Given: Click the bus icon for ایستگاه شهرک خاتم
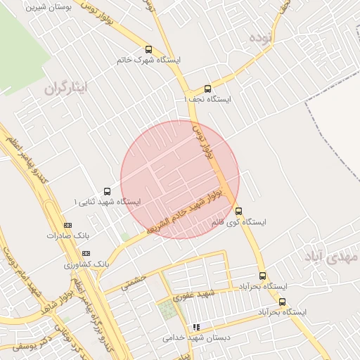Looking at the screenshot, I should [148, 49].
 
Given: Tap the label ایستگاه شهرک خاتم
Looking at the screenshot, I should [149, 60].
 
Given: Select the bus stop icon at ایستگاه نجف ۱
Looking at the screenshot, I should [207, 89].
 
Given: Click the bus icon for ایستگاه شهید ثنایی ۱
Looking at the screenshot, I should [107, 191].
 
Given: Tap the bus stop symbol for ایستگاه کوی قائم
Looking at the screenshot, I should [238, 211].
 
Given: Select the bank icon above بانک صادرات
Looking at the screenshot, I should [67, 225].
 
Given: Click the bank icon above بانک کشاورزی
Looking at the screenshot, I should [86, 253].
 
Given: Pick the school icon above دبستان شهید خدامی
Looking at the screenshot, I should [197, 327].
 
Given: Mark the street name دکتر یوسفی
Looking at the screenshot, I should [31, 342].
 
